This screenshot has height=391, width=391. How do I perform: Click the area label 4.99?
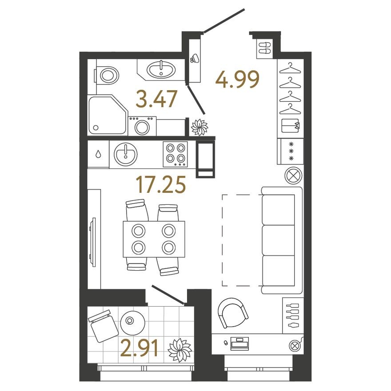237,80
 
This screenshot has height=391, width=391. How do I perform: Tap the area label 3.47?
156,99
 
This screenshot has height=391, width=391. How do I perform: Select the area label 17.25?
160,184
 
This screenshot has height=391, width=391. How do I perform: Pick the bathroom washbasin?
161,69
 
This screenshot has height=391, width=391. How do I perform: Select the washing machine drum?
142,127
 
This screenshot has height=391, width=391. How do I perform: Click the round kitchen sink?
125,154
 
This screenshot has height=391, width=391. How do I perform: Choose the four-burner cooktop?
176,154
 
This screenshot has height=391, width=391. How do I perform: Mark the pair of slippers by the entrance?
264,48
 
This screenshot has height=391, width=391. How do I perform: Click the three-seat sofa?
282,240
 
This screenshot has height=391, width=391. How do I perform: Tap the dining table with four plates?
154,239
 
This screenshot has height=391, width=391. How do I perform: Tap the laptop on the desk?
239,343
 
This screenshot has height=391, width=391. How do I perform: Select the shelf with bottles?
293,315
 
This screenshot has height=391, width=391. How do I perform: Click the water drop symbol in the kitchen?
98,154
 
